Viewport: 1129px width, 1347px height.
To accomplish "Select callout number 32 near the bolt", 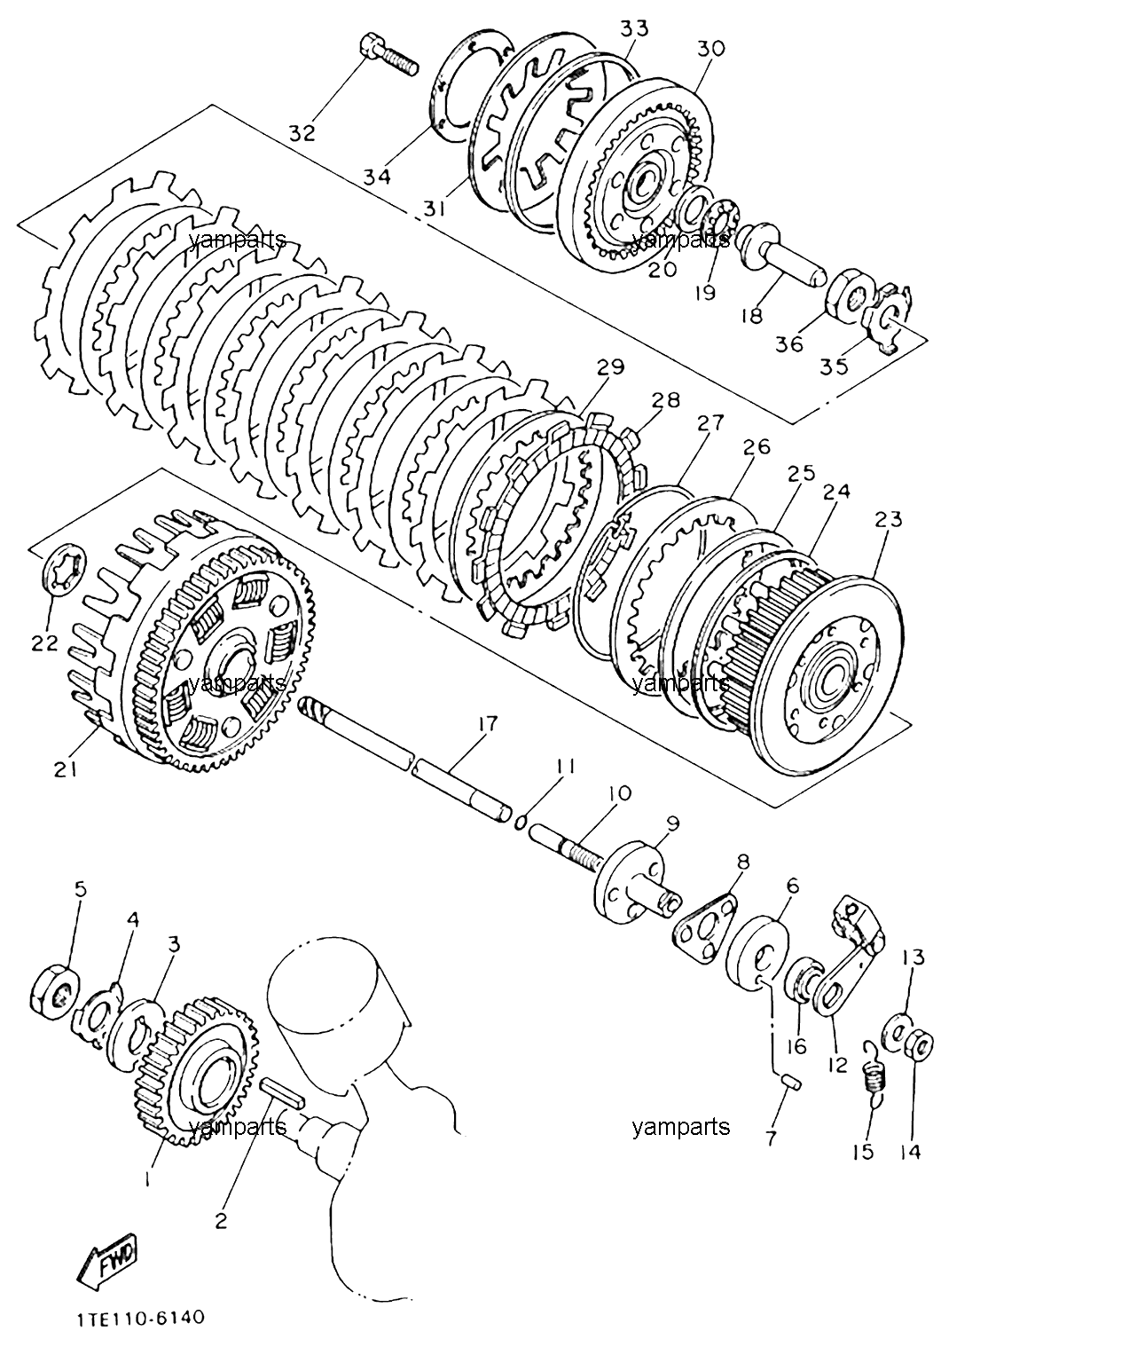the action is click(302, 133).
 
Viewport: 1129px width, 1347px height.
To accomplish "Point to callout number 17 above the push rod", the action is click(488, 724).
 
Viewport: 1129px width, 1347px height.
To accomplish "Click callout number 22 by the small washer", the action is click(44, 642).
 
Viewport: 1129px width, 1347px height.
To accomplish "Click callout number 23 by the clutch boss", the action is click(888, 520).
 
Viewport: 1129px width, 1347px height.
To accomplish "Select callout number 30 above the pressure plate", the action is click(710, 49).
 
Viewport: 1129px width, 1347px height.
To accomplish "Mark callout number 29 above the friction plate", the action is click(610, 367).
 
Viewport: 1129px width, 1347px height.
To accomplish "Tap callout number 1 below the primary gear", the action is click(147, 1178).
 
